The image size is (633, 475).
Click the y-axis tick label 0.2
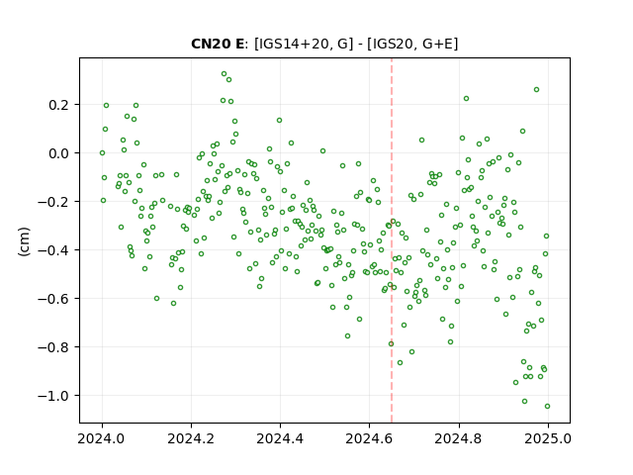59,105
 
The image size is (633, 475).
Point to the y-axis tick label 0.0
59,153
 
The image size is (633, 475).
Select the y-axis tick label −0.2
54,202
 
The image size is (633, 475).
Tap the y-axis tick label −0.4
54,250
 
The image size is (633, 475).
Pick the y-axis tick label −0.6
54,299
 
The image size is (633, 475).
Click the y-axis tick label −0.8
54,347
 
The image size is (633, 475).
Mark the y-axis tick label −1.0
54,396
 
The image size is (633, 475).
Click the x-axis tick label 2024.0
102,438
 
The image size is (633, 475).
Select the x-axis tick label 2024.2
191,438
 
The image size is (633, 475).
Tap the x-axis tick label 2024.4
280,438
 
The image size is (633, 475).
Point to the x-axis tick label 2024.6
369,438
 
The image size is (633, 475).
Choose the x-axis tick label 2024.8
459,438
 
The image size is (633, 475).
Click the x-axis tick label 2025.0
548,438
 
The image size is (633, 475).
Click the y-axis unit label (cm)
24,241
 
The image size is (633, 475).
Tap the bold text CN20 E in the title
218,44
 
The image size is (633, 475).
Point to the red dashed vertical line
392,240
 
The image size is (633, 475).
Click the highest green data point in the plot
225,74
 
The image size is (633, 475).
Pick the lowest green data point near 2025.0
547,407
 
